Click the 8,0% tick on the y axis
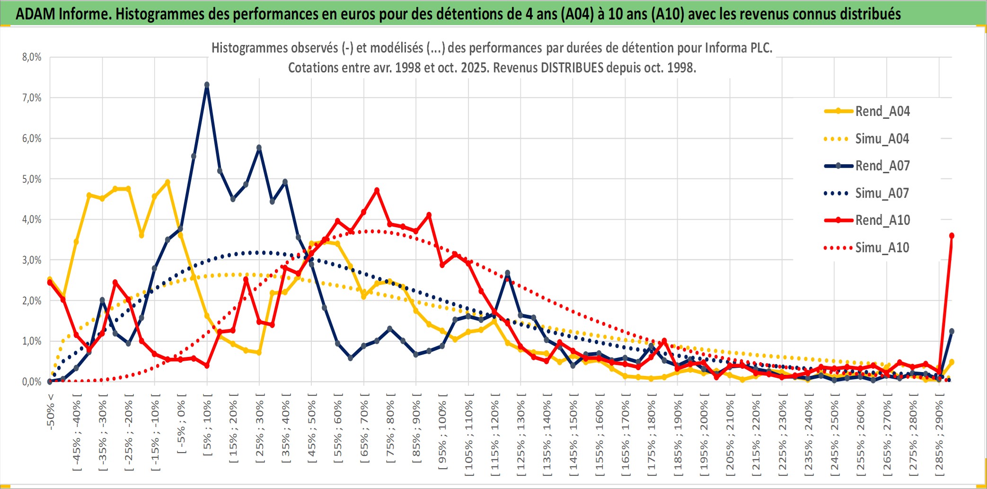(32, 57)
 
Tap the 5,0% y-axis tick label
(32, 179)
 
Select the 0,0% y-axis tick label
(32, 382)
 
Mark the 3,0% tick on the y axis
(32, 260)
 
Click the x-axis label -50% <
(51, 412)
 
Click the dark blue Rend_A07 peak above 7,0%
(207, 85)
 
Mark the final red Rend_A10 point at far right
(952, 236)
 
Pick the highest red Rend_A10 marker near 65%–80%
(377, 190)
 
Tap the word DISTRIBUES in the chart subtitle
(572, 68)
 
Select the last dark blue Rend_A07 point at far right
(952, 331)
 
